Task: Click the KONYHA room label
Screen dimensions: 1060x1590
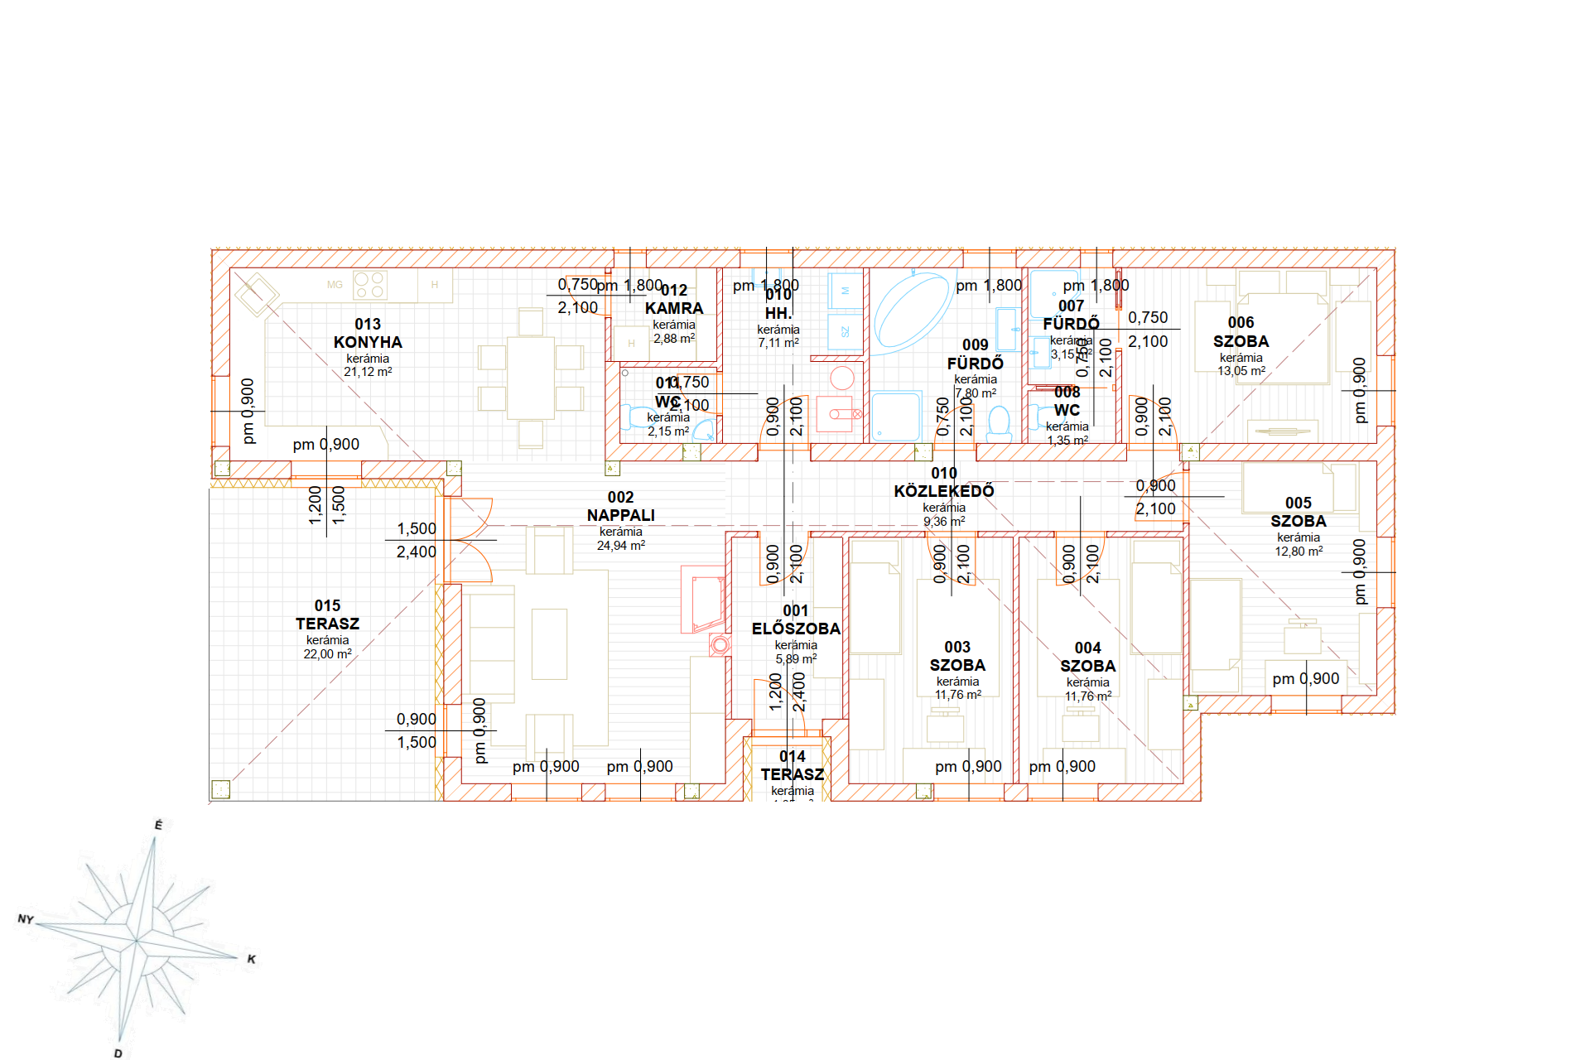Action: pos(368,342)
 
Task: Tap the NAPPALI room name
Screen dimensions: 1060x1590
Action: pos(620,515)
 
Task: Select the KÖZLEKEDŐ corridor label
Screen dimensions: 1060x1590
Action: pos(943,491)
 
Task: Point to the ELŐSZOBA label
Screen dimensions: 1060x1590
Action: pos(795,629)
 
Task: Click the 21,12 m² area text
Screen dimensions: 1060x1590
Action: pos(368,372)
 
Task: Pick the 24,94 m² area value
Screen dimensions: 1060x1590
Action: pos(620,545)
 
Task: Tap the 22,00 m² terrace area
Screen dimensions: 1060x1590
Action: pos(327,654)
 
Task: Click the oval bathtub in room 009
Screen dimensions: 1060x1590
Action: pos(911,311)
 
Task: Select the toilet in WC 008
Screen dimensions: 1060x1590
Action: pos(999,422)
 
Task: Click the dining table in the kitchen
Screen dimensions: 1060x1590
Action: pos(531,377)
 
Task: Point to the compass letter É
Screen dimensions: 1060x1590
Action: pos(158,825)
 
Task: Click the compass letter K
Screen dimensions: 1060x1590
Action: pos(252,959)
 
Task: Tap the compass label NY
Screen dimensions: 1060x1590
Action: pos(26,919)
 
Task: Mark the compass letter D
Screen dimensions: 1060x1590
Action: pos(118,1053)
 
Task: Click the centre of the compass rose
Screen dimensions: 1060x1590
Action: pos(137,942)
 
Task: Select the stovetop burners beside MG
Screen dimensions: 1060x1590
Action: pos(369,285)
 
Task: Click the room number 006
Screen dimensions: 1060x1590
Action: pos(1241,322)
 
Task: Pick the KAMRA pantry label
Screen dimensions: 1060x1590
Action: pos(674,308)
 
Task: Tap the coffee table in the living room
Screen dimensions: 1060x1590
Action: pos(549,644)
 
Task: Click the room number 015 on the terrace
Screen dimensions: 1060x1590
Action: pos(327,605)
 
